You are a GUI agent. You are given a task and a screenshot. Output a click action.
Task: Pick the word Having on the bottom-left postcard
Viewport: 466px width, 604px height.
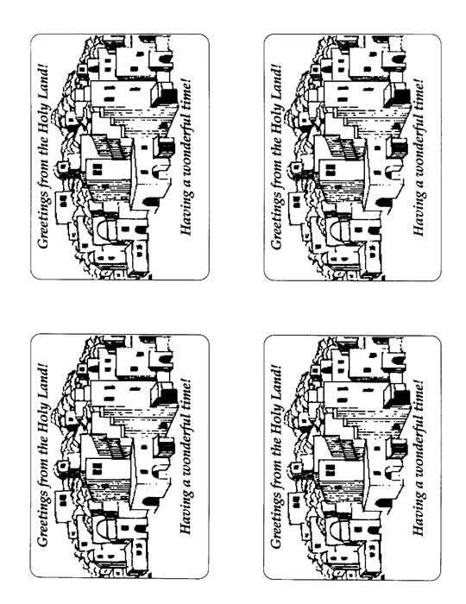186,514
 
